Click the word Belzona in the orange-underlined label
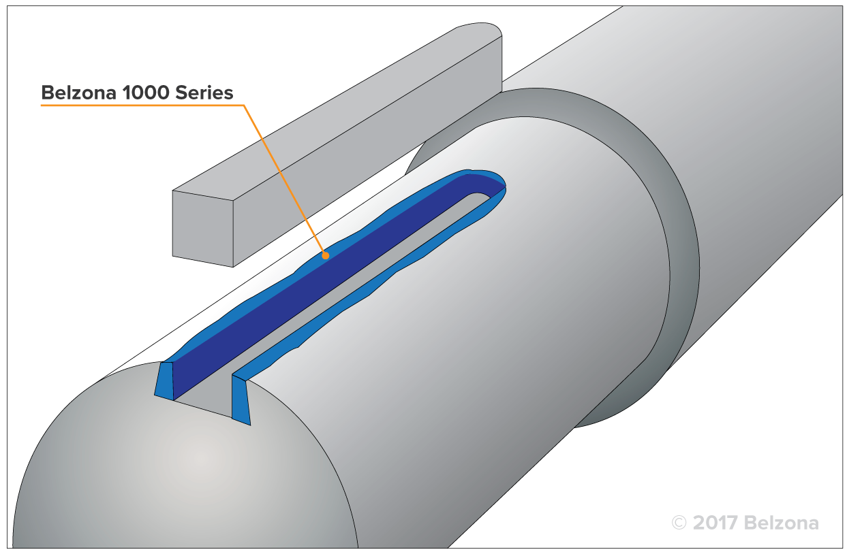(79, 93)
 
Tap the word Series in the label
(206, 93)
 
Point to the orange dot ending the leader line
(326, 256)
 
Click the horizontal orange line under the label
(136, 105)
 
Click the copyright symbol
(679, 523)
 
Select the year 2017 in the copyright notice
(715, 523)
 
